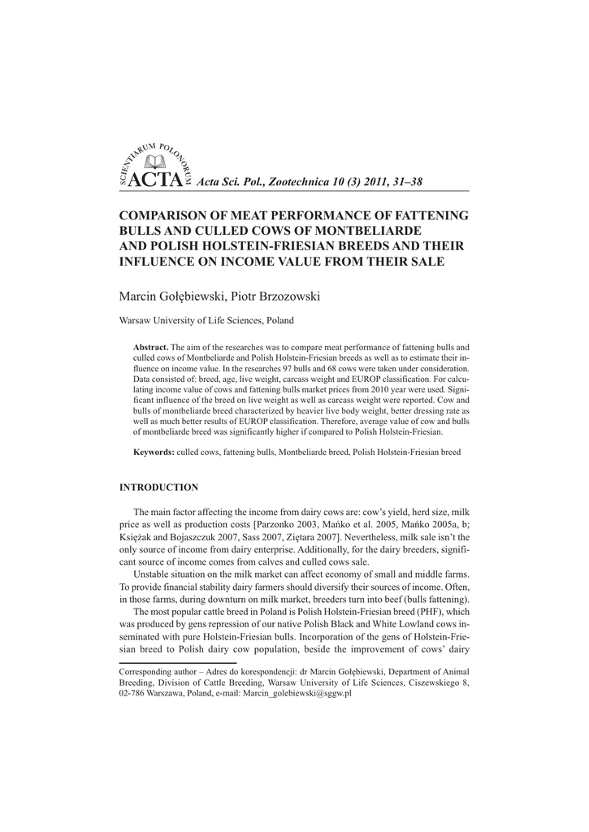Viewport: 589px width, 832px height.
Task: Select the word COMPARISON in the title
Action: [166, 216]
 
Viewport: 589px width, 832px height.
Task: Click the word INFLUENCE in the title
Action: [162, 261]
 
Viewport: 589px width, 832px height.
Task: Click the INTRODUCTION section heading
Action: [159, 487]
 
